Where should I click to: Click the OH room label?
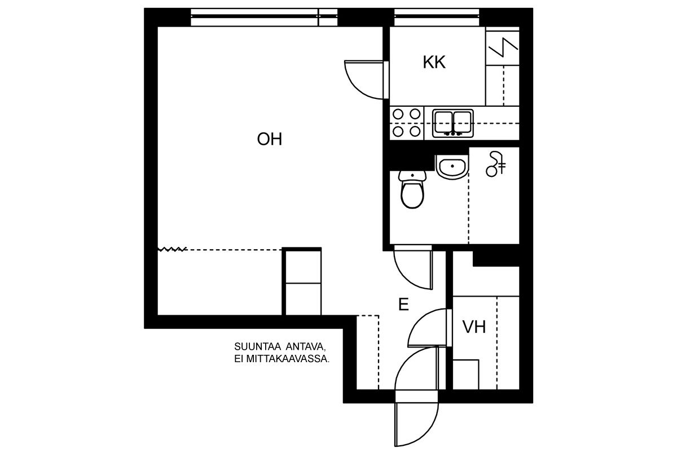tap(269, 139)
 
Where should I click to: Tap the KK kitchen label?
tap(434, 62)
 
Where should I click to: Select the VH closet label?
tap(474, 327)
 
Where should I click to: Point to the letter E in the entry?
tap(404, 305)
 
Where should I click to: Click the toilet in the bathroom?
tap(412, 189)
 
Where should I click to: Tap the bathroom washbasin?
tap(452, 167)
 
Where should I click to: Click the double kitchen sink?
tap(452, 123)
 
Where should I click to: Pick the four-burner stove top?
tap(407, 123)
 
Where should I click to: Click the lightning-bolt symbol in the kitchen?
tap(503, 47)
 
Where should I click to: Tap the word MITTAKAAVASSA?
tap(288, 359)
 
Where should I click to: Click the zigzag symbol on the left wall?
tap(172, 249)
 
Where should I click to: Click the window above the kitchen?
tap(437, 17)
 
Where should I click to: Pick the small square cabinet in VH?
tap(466, 375)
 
